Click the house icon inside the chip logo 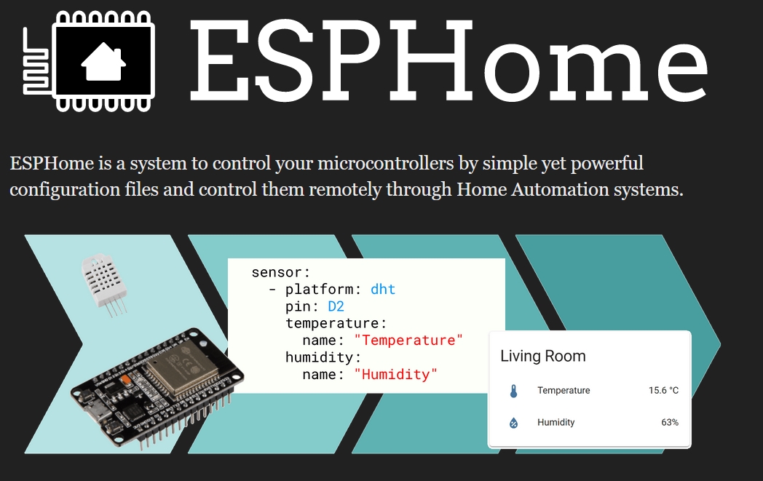pos(103,61)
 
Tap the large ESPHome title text pos(448,60)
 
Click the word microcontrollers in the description pos(385,164)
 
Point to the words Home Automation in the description pos(532,189)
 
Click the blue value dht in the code pos(383,290)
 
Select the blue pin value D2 pos(336,306)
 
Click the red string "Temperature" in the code pos(408,341)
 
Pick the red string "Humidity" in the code pos(395,375)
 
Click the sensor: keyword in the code pos(281,272)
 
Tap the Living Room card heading pos(543,356)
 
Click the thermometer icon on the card pos(513,391)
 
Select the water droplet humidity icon pos(513,423)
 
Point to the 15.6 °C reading pos(663,390)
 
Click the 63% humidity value pos(670,422)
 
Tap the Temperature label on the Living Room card pos(564,390)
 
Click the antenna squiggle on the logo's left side pos(36,61)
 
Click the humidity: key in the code pos(323,357)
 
